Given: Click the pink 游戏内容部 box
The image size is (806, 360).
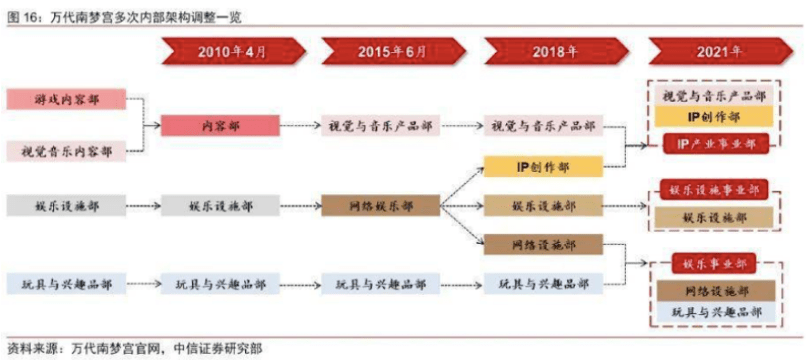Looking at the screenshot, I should [66, 100].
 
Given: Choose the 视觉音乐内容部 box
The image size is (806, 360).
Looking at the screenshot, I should [66, 152].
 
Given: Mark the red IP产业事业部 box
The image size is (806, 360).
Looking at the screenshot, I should [716, 144].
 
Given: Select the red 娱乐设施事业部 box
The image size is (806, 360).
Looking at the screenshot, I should [716, 190].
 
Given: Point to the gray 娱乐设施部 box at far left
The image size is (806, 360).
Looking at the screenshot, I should [66, 206].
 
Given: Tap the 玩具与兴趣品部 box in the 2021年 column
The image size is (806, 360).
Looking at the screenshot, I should [716, 314].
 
